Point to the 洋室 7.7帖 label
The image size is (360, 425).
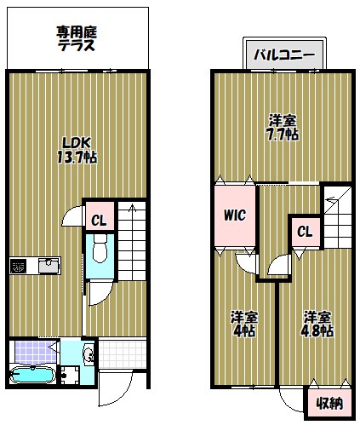(x=282, y=128)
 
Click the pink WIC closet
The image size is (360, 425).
(x=234, y=215)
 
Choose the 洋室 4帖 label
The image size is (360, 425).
(x=243, y=324)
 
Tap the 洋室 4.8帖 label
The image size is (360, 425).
(x=317, y=324)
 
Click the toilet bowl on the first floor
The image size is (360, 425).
(x=99, y=250)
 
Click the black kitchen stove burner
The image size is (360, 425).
(x=19, y=266)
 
